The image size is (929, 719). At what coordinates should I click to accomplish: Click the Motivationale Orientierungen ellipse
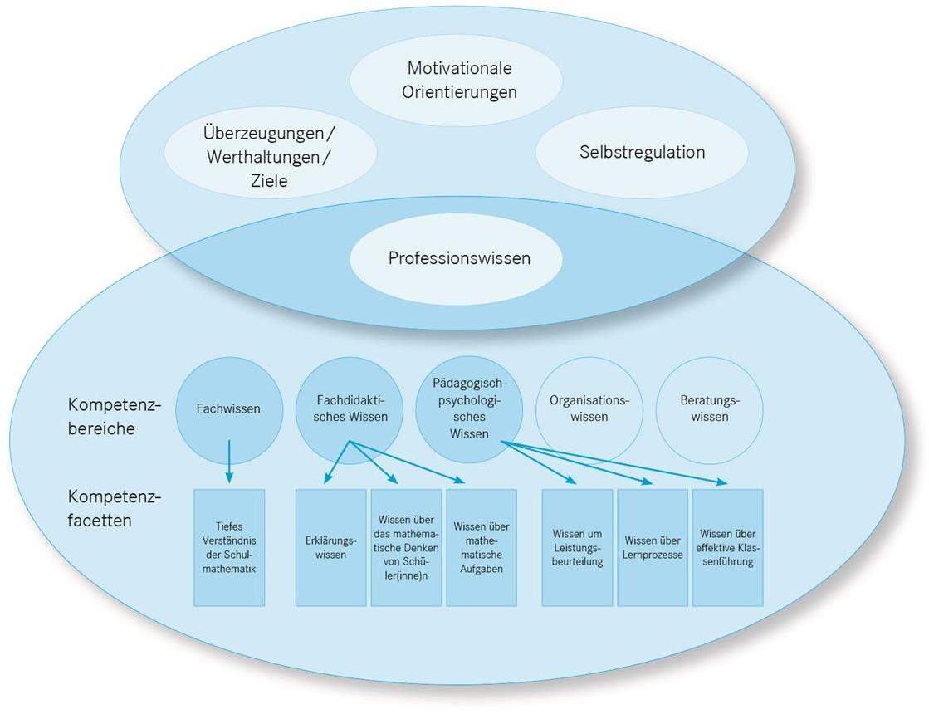tap(458, 80)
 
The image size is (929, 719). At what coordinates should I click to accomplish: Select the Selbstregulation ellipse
tap(642, 153)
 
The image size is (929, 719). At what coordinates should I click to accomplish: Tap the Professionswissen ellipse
tap(458, 258)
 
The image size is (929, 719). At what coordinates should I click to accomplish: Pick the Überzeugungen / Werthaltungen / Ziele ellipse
tap(271, 154)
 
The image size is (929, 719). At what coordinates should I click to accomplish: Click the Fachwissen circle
tap(228, 408)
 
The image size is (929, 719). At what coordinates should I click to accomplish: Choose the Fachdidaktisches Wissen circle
tap(349, 408)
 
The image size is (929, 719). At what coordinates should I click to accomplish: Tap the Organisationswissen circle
tap(589, 408)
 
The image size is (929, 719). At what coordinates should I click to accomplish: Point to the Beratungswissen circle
tap(708, 408)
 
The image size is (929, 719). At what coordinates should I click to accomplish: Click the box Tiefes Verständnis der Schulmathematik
tap(229, 547)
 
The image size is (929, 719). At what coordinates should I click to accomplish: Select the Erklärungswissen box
tap(330, 547)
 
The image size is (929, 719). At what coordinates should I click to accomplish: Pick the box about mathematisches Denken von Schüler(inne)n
tap(406, 547)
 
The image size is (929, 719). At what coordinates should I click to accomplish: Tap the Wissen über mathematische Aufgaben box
tap(482, 547)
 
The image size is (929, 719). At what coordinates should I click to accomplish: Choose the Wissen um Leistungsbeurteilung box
tap(577, 547)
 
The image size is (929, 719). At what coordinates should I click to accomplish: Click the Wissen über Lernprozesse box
tap(653, 547)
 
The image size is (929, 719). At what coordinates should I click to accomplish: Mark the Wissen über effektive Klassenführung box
tap(727, 547)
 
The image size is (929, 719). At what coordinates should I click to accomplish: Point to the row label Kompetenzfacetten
tap(114, 509)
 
